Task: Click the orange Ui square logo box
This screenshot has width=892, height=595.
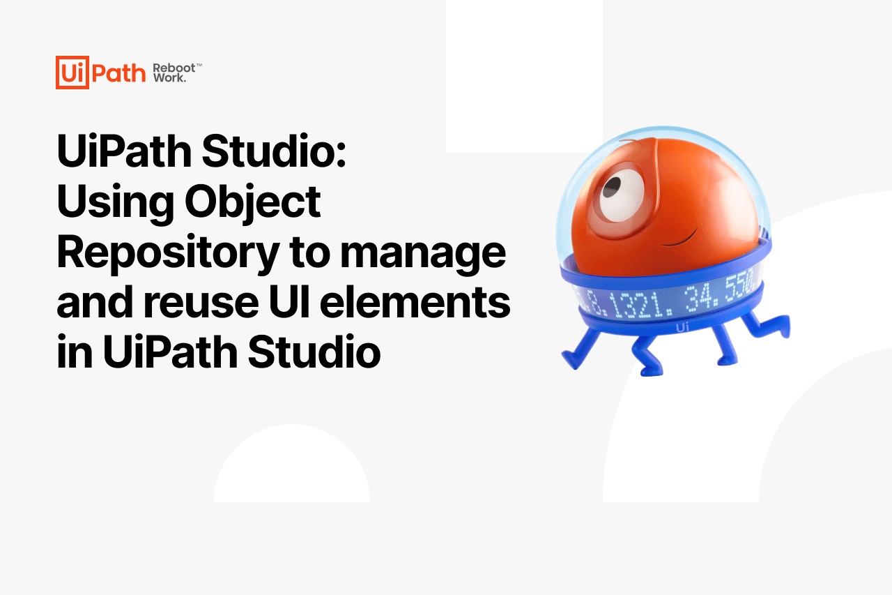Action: [x=72, y=73]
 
